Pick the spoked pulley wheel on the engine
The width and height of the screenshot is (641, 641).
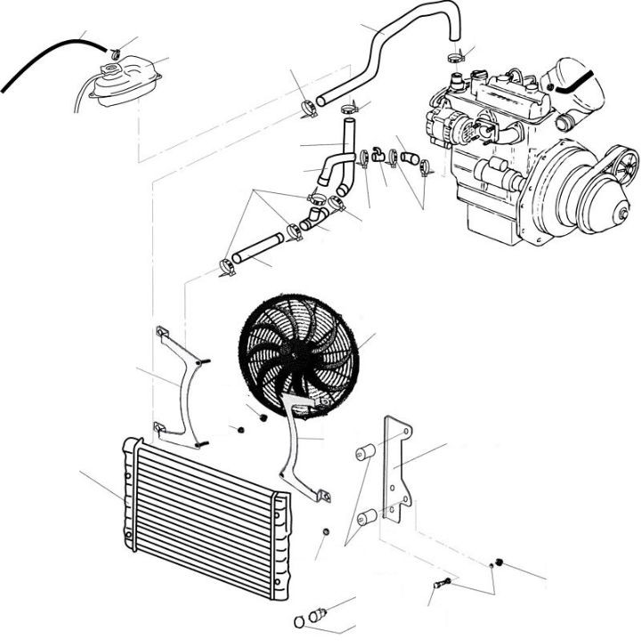point(627,166)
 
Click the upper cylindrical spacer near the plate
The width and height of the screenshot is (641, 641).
point(363,453)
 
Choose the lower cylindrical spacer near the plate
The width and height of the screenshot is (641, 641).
point(365,518)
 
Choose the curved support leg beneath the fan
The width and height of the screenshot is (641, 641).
point(297,454)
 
